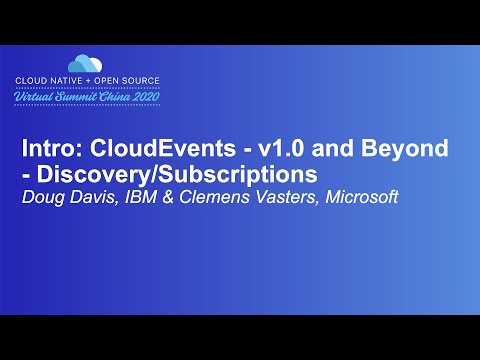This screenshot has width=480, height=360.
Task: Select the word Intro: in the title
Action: pos(50,150)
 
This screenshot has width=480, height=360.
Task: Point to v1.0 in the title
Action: pos(271,150)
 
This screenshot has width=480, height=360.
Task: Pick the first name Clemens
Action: pos(203,197)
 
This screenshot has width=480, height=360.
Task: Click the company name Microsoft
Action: pos(356,197)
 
